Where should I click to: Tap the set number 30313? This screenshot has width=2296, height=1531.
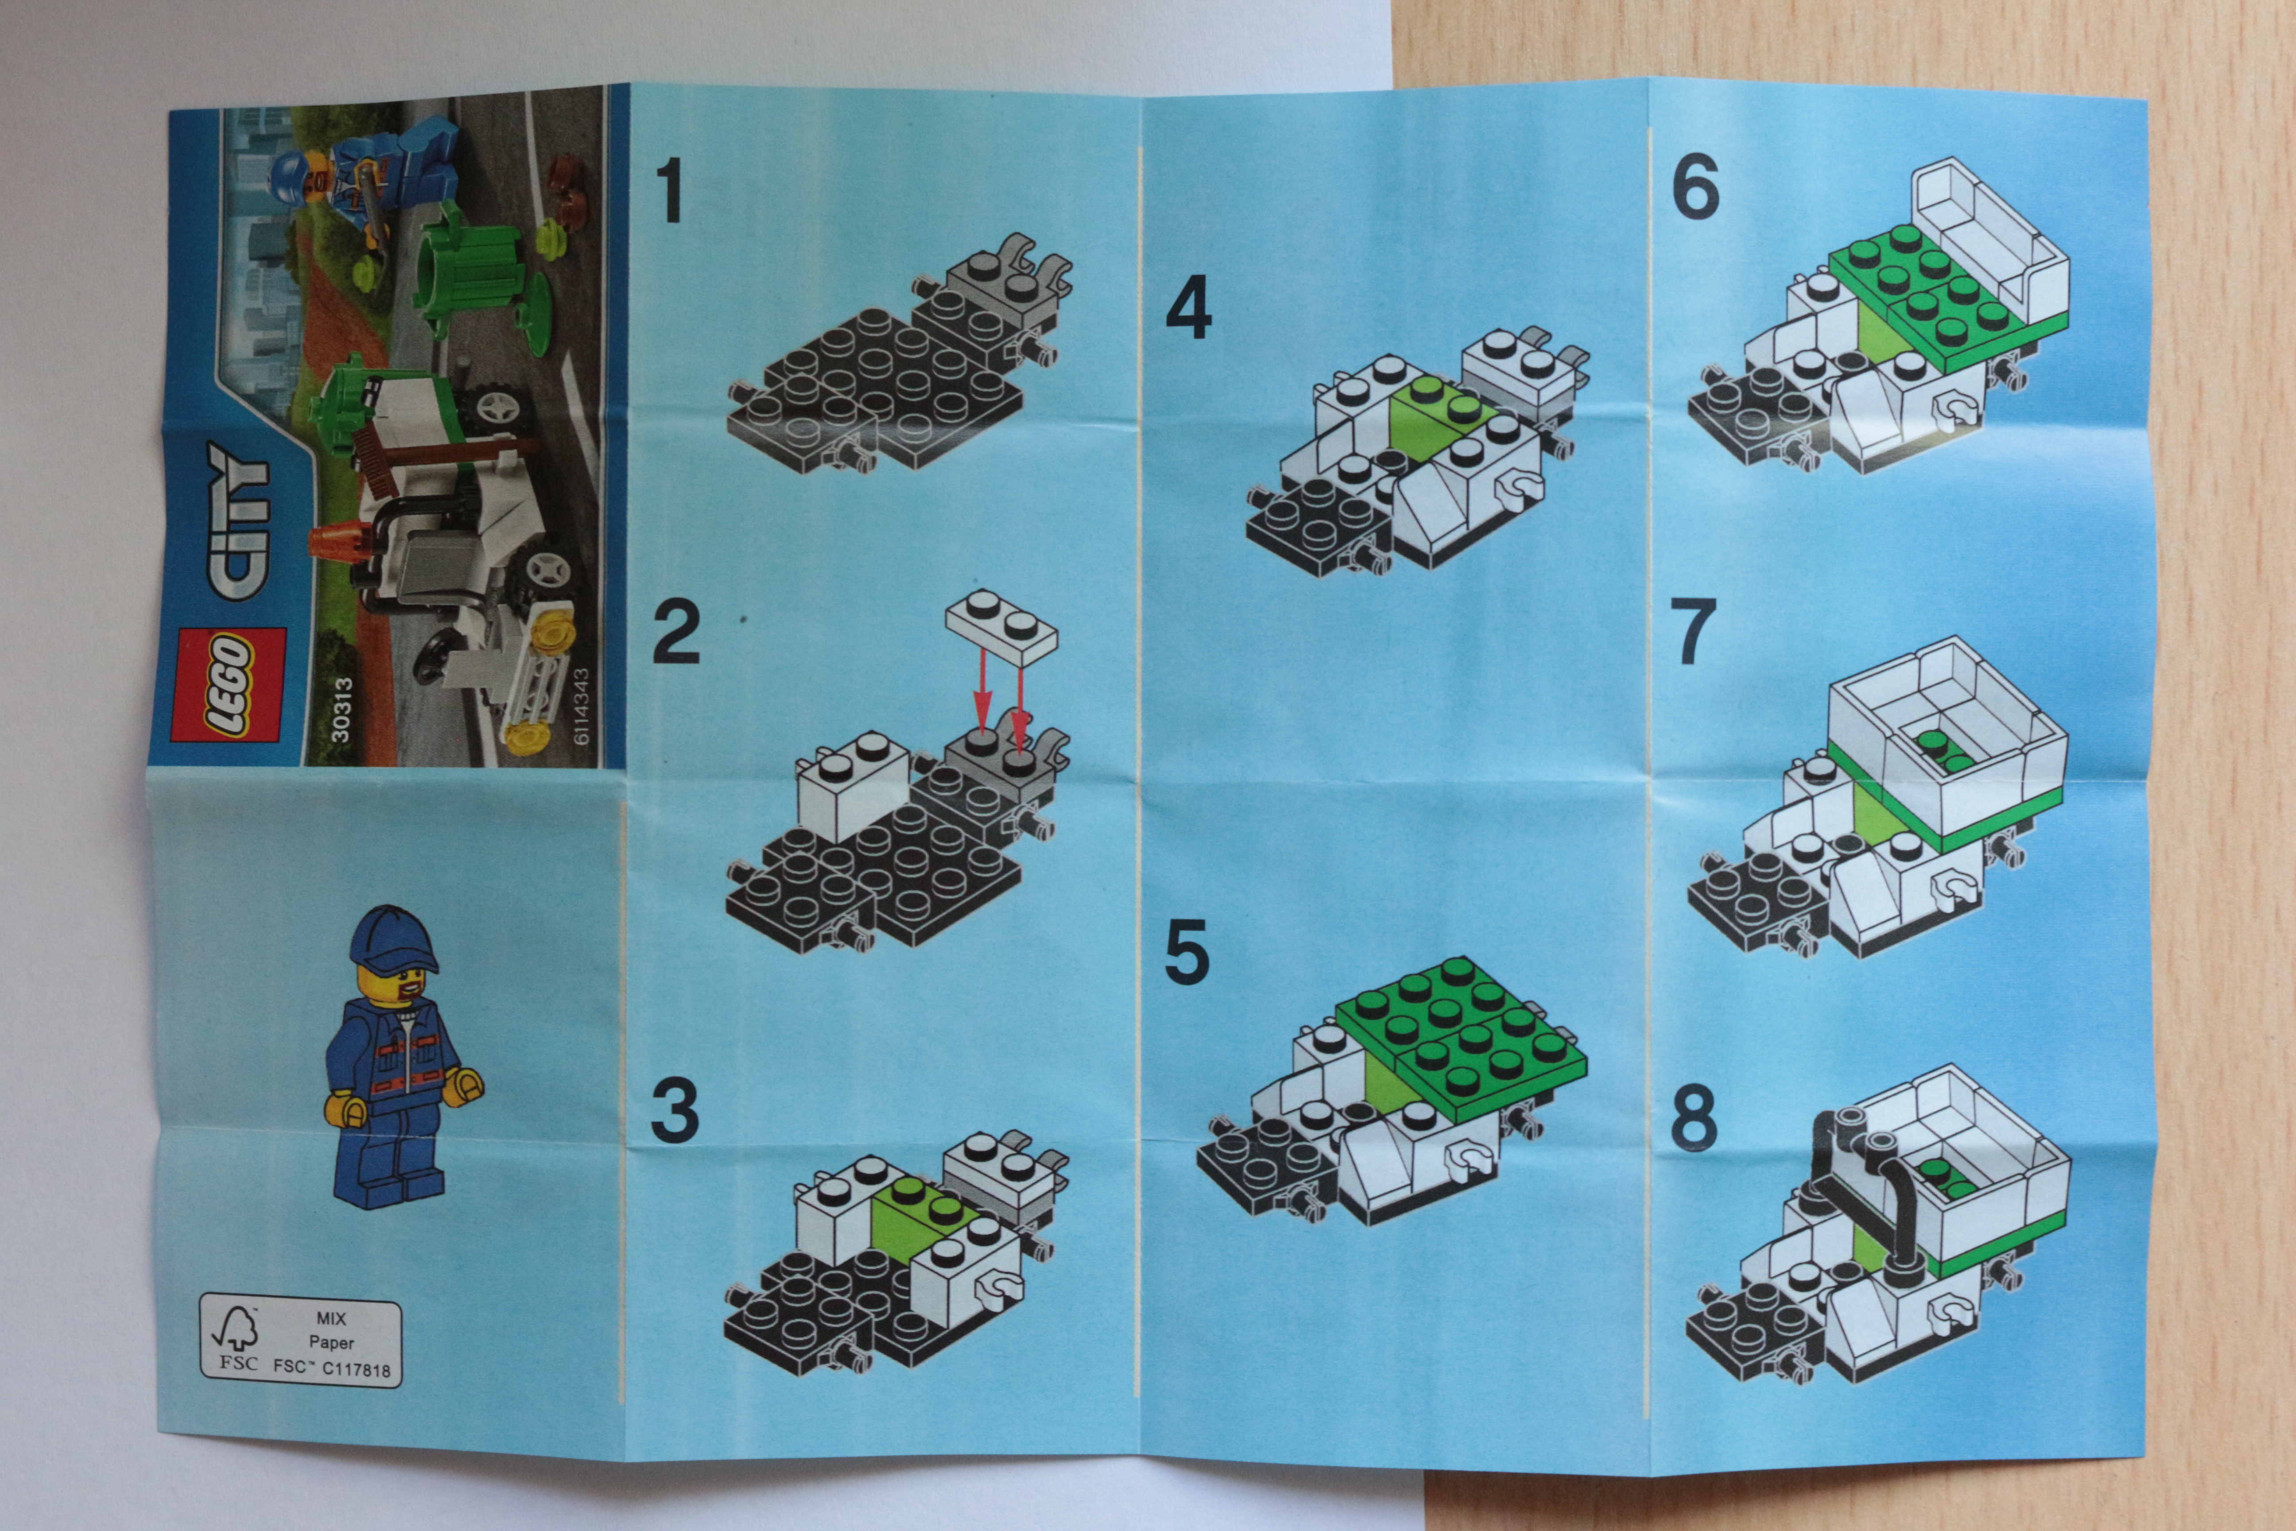pyautogui.click(x=341, y=711)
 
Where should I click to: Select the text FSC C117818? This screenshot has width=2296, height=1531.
pyautogui.click(x=332, y=1368)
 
